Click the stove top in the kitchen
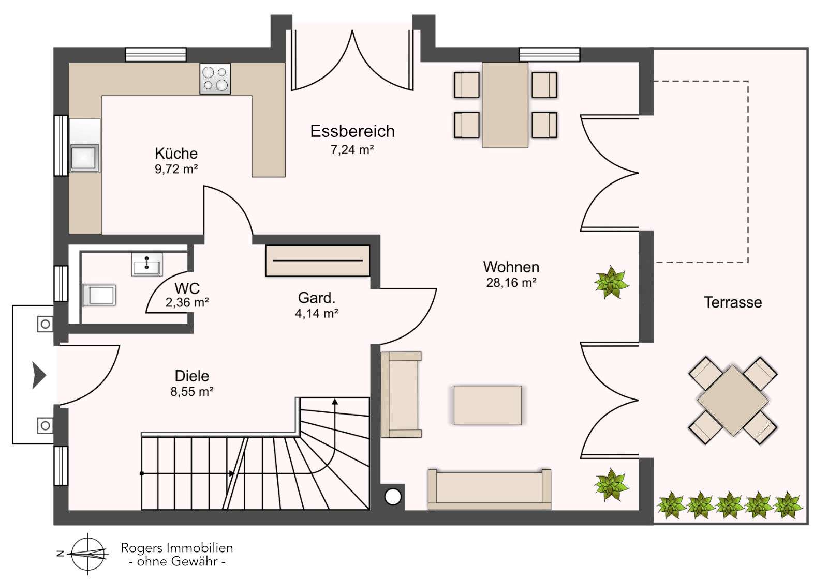[x=215, y=79]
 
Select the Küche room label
[x=176, y=154]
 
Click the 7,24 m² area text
[x=352, y=150]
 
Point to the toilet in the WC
[x=99, y=296]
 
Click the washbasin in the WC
[x=147, y=265]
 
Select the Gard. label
[x=317, y=298]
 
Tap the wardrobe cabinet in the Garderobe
[x=318, y=261]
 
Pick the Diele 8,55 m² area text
[x=192, y=392]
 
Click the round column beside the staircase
[x=393, y=497]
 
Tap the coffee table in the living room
[x=487, y=405]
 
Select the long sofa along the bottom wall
[x=489, y=489]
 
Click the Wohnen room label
[x=511, y=267]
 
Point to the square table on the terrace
[x=733, y=400]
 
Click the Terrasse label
[x=732, y=302]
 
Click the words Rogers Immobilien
[x=177, y=548]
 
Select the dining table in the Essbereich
[x=505, y=105]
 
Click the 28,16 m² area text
[x=511, y=283]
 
